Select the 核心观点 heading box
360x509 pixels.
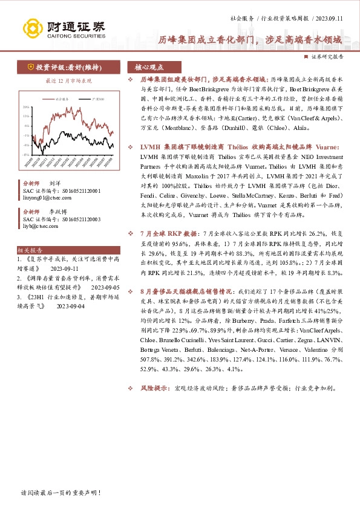[149, 67]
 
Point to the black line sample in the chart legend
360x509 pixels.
[83, 98]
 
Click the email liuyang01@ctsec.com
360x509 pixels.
[45, 196]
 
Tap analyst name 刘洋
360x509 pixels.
[55, 183]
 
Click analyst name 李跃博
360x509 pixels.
[58, 212]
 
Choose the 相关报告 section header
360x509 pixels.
[30, 250]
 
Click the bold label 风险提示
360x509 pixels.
[154, 388]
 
